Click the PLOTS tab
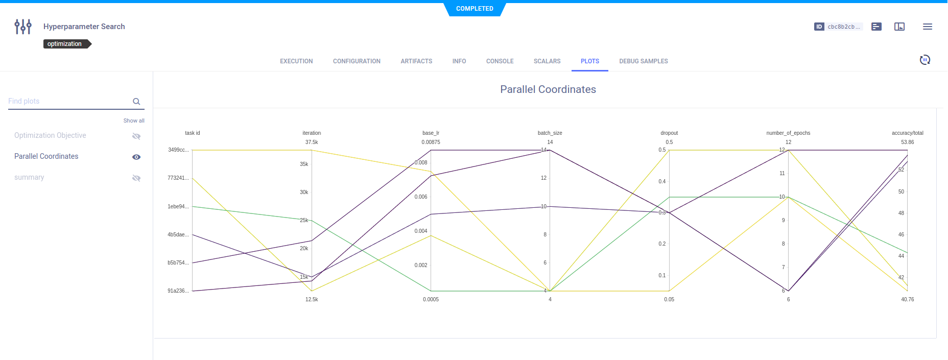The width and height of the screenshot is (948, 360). coord(589,61)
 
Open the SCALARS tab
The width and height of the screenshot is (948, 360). coord(547,61)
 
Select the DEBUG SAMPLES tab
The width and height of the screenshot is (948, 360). coord(643,61)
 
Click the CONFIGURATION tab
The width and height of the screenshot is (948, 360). coord(357,61)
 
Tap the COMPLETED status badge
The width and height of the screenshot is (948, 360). coord(475,9)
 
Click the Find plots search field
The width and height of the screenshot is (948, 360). coord(69,101)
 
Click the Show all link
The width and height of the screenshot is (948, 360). coord(134,121)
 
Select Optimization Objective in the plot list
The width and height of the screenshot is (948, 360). coord(50,135)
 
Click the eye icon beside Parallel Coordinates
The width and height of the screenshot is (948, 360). coord(136,157)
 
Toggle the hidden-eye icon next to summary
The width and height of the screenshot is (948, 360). coord(136,178)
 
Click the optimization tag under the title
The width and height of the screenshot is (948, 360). coord(65,44)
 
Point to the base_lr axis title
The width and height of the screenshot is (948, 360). coord(431,133)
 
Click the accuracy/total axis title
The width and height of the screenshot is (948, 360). coord(907,133)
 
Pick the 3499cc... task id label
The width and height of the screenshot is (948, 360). coord(178,150)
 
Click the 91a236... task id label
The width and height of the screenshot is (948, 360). coord(178,291)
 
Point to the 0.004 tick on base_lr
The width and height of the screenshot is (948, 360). coord(421,231)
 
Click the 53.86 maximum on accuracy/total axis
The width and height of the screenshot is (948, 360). coord(907,142)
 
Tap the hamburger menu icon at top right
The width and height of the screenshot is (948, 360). coord(928,27)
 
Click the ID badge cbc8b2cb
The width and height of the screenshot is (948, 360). coord(838,27)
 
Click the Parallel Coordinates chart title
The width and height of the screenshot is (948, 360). coord(548,89)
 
